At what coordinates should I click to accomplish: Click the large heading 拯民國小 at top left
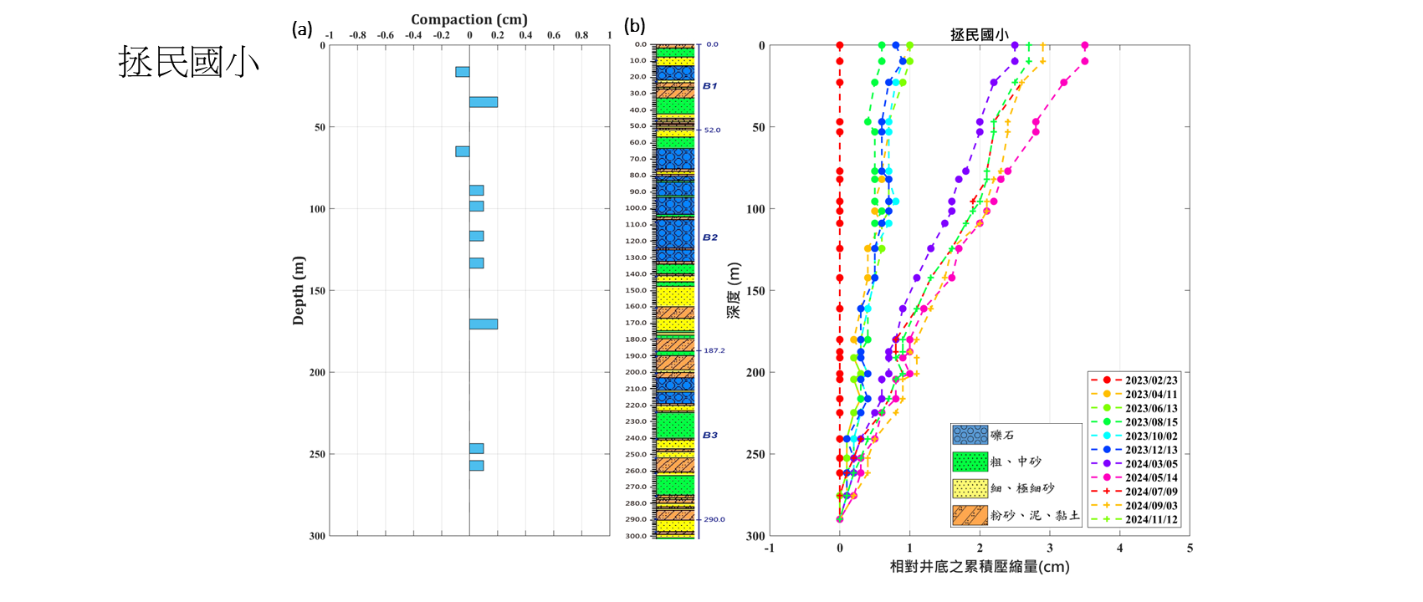(x=188, y=63)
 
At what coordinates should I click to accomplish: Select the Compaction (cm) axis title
(x=468, y=19)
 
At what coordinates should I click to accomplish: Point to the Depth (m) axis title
(x=299, y=290)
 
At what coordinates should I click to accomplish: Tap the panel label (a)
(x=302, y=29)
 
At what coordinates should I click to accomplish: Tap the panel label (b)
(x=635, y=26)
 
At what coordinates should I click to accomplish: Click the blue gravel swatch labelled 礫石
(x=970, y=435)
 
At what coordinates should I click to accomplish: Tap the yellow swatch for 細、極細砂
(x=970, y=488)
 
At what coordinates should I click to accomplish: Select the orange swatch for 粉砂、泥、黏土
(x=970, y=515)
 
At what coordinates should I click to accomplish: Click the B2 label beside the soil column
(x=709, y=237)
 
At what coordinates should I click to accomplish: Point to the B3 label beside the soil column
(x=709, y=435)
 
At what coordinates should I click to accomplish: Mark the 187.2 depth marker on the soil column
(x=714, y=351)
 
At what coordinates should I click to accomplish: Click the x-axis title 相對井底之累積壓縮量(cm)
(x=979, y=567)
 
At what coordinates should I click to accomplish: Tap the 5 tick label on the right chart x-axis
(x=1190, y=548)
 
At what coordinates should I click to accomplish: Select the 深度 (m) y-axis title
(x=734, y=290)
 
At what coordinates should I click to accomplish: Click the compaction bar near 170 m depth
(x=484, y=324)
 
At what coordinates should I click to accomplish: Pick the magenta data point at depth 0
(x=1085, y=45)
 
